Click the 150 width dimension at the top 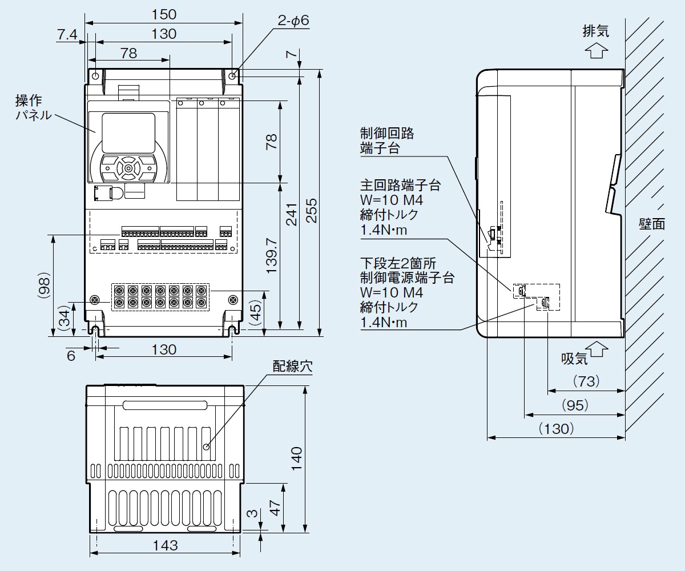(164, 14)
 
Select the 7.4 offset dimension (67, 35)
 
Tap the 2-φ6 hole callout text (293, 21)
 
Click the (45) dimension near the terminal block (256, 313)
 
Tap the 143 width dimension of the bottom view (166, 545)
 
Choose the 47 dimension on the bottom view (275, 506)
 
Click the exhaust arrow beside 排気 (596, 51)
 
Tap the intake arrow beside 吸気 (597, 348)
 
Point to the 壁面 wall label (651, 223)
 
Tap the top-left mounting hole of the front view (95, 77)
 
